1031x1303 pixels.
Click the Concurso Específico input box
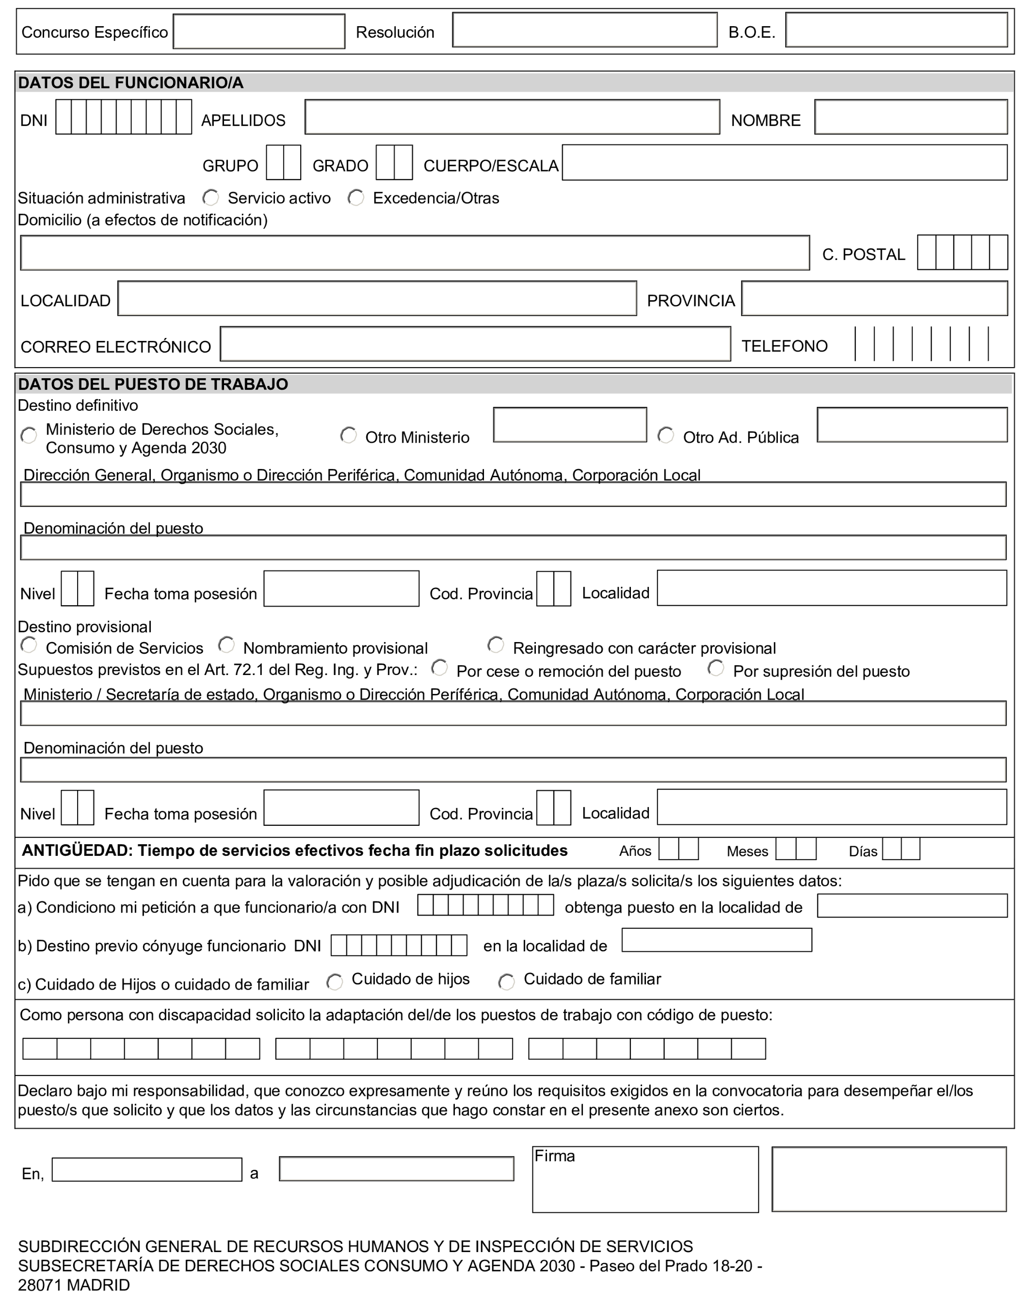pyautogui.click(x=259, y=32)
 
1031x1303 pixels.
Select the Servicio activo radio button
pyautogui.click(x=210, y=197)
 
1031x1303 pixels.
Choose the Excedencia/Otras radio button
pyautogui.click(x=356, y=197)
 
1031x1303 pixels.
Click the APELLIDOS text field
pyautogui.click(x=512, y=117)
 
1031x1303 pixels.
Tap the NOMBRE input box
pyautogui.click(x=910, y=117)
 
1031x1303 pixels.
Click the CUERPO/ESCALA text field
pyautogui.click(x=784, y=162)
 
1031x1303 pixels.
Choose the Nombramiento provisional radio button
pyautogui.click(x=226, y=645)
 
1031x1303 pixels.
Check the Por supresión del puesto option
pyautogui.click(x=716, y=668)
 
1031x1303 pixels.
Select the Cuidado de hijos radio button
pyautogui.click(x=335, y=982)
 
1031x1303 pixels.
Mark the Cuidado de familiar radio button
pyautogui.click(x=506, y=982)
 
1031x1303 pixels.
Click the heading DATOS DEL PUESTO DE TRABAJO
pyautogui.click(x=153, y=385)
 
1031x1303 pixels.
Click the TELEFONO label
pyautogui.click(x=784, y=346)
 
